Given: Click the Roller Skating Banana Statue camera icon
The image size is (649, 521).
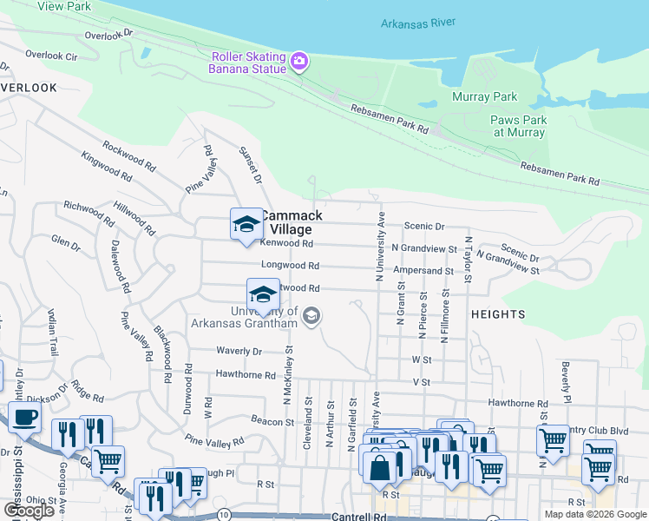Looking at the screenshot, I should (299, 60).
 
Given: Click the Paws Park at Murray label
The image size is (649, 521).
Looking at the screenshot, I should (519, 126).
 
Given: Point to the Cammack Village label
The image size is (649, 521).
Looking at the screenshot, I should (291, 222).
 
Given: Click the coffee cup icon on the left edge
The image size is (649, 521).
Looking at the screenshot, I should (24, 418).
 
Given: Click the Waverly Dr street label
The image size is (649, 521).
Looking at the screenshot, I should (239, 351).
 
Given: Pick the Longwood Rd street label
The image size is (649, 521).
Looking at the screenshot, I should (290, 266).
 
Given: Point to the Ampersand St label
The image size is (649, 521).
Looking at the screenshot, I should (423, 271).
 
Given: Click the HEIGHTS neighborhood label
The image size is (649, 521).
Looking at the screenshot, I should (499, 313).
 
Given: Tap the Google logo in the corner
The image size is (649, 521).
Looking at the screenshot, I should (29, 511).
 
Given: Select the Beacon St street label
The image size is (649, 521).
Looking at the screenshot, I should (272, 421).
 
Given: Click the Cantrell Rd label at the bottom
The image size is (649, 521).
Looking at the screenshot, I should (357, 516).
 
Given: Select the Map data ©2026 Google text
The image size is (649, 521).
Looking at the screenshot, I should (594, 514).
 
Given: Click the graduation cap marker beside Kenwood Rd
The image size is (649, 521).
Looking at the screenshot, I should (246, 225).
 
